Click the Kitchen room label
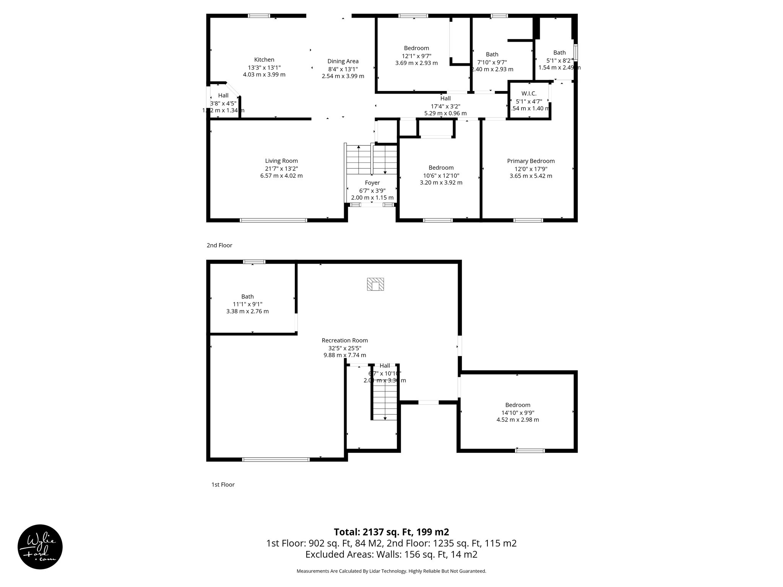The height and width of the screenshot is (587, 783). (264, 60)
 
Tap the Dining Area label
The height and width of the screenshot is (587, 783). (343, 61)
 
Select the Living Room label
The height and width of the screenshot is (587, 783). (281, 161)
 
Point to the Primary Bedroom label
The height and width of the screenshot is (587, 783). (531, 161)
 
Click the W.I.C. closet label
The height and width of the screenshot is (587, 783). (529, 94)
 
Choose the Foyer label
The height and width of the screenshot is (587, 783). (372, 183)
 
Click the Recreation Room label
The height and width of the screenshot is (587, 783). (344, 341)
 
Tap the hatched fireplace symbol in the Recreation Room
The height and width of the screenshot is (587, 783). (375, 284)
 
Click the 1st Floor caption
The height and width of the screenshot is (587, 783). (223, 485)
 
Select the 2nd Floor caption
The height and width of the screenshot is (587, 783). (219, 245)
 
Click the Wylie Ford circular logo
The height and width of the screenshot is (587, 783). (40, 547)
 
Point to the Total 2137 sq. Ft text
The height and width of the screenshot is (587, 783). (391, 532)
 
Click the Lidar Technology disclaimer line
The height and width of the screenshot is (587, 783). (391, 571)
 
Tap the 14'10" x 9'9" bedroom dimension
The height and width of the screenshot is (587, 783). (518, 412)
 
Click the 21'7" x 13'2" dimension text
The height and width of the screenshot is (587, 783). (281, 169)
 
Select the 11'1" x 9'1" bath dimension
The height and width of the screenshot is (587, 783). (247, 304)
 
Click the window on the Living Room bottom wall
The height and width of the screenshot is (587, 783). (273, 220)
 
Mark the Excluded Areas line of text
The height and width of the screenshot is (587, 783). (391, 554)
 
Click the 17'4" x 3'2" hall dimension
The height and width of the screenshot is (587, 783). (445, 106)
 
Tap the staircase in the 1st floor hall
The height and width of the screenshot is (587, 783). (385, 401)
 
